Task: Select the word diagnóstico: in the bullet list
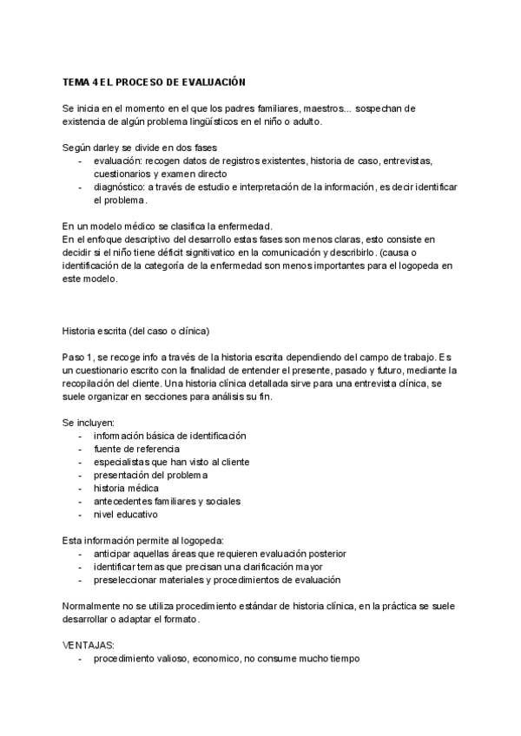point(121,187)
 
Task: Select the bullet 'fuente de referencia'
point(137,449)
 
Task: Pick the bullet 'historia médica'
point(126,488)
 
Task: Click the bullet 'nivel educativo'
point(126,514)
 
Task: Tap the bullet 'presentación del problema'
point(151,475)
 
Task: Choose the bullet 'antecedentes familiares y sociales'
point(168,501)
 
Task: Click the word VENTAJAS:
point(89,645)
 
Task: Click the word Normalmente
point(95,606)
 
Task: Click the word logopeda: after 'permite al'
point(201,540)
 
